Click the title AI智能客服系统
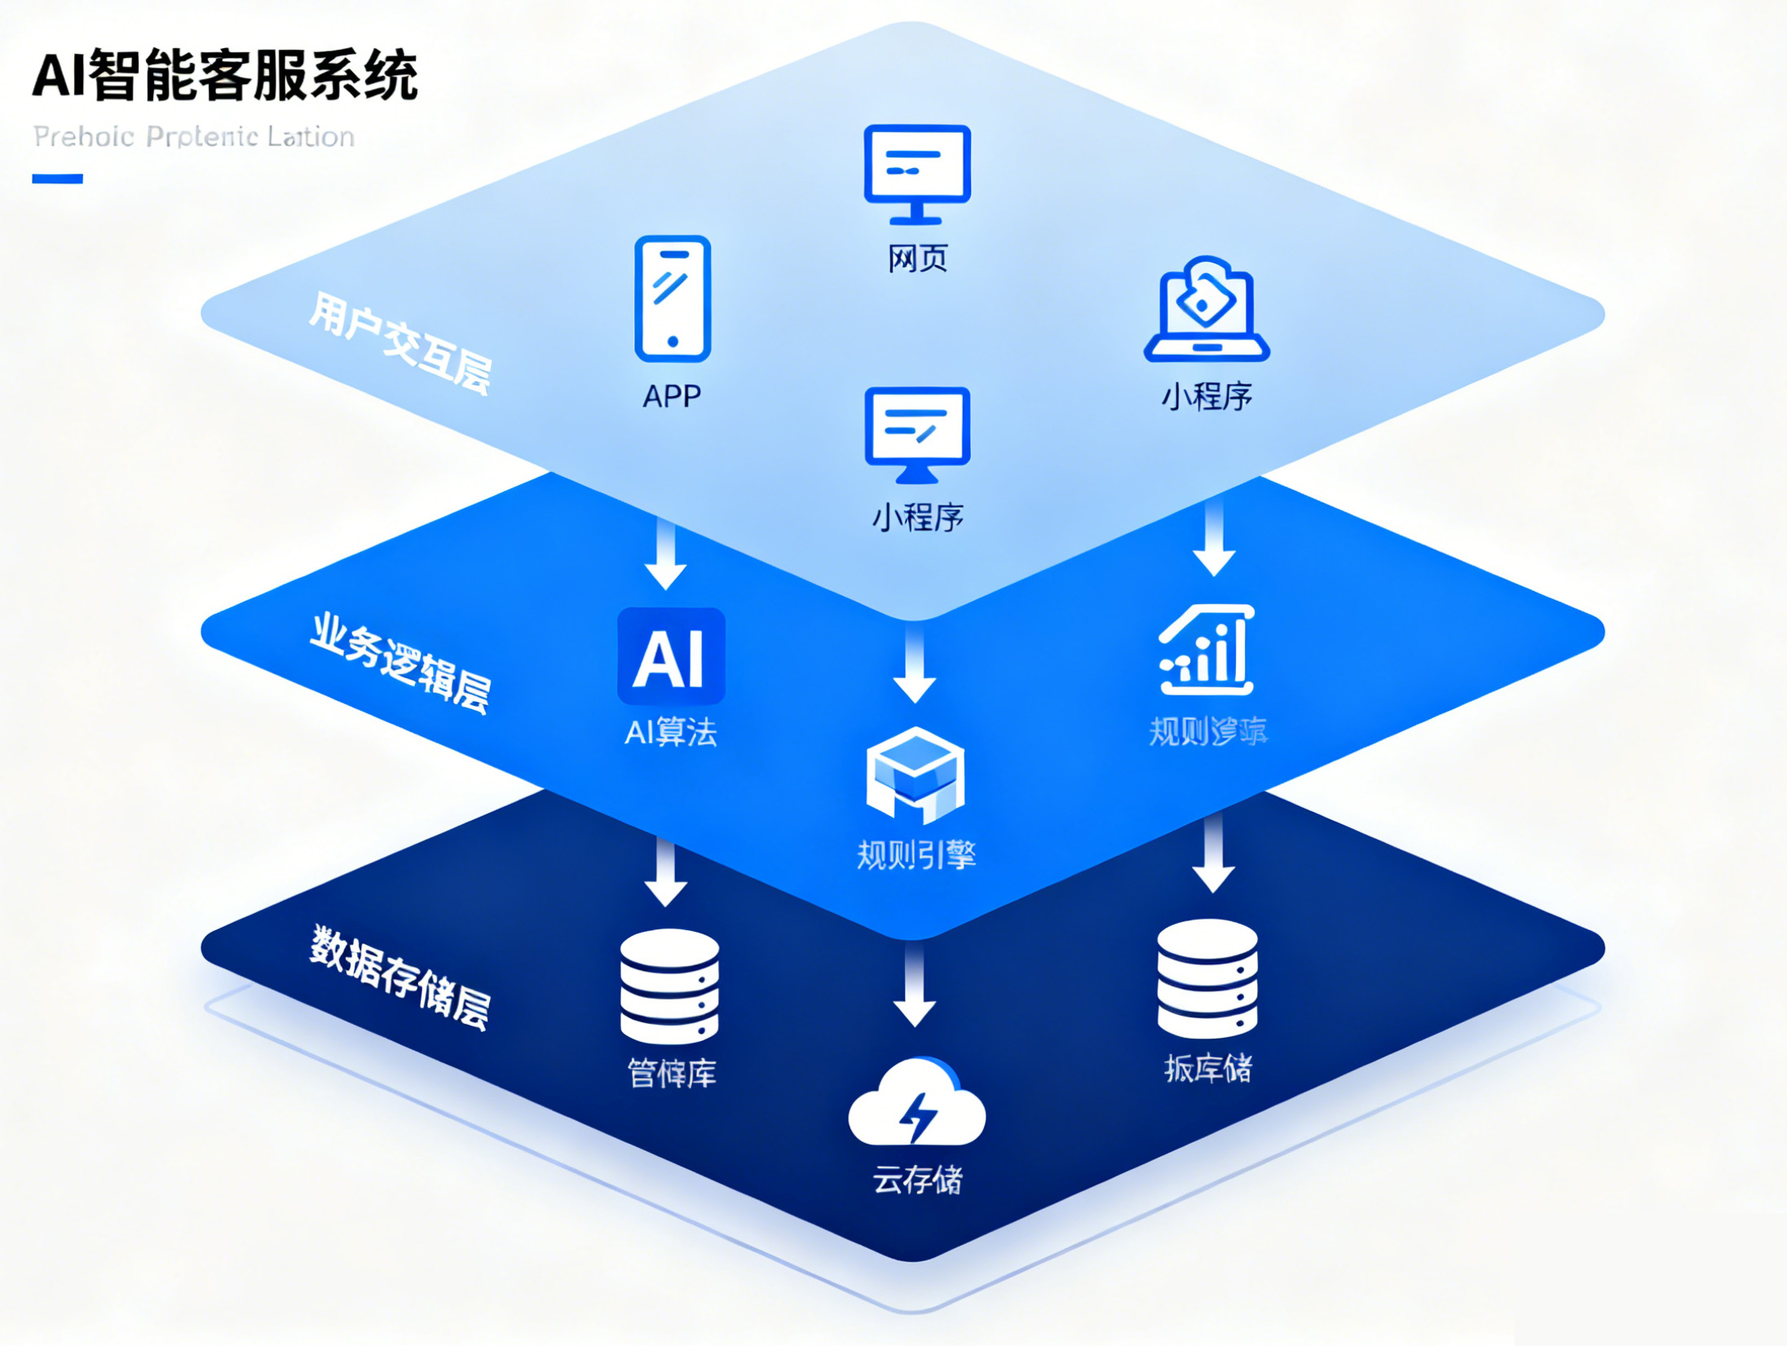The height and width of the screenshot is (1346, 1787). coord(225,75)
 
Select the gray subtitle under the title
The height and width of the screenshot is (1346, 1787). coord(194,136)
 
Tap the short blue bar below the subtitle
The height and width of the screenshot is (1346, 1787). coord(57,179)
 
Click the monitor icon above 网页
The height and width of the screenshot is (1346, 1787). coord(917,173)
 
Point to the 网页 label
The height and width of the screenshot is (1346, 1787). coord(917,258)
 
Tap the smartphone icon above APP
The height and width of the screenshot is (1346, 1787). coord(673,298)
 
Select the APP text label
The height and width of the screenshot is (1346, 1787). coord(672,396)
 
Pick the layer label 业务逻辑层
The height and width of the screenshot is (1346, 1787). coord(400,663)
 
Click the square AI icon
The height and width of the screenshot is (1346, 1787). coord(671,656)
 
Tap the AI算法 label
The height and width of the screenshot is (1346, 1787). coord(671,731)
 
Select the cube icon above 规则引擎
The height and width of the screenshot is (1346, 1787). coord(916,775)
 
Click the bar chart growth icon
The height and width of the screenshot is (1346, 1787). coord(1207,650)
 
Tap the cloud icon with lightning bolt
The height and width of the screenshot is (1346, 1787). coord(917,1104)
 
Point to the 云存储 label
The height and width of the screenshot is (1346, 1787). coord(917,1180)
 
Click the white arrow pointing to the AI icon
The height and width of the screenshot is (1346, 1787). coord(666,554)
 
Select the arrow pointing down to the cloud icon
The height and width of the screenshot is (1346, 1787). coord(915,986)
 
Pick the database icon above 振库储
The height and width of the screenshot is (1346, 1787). coord(1207,978)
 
